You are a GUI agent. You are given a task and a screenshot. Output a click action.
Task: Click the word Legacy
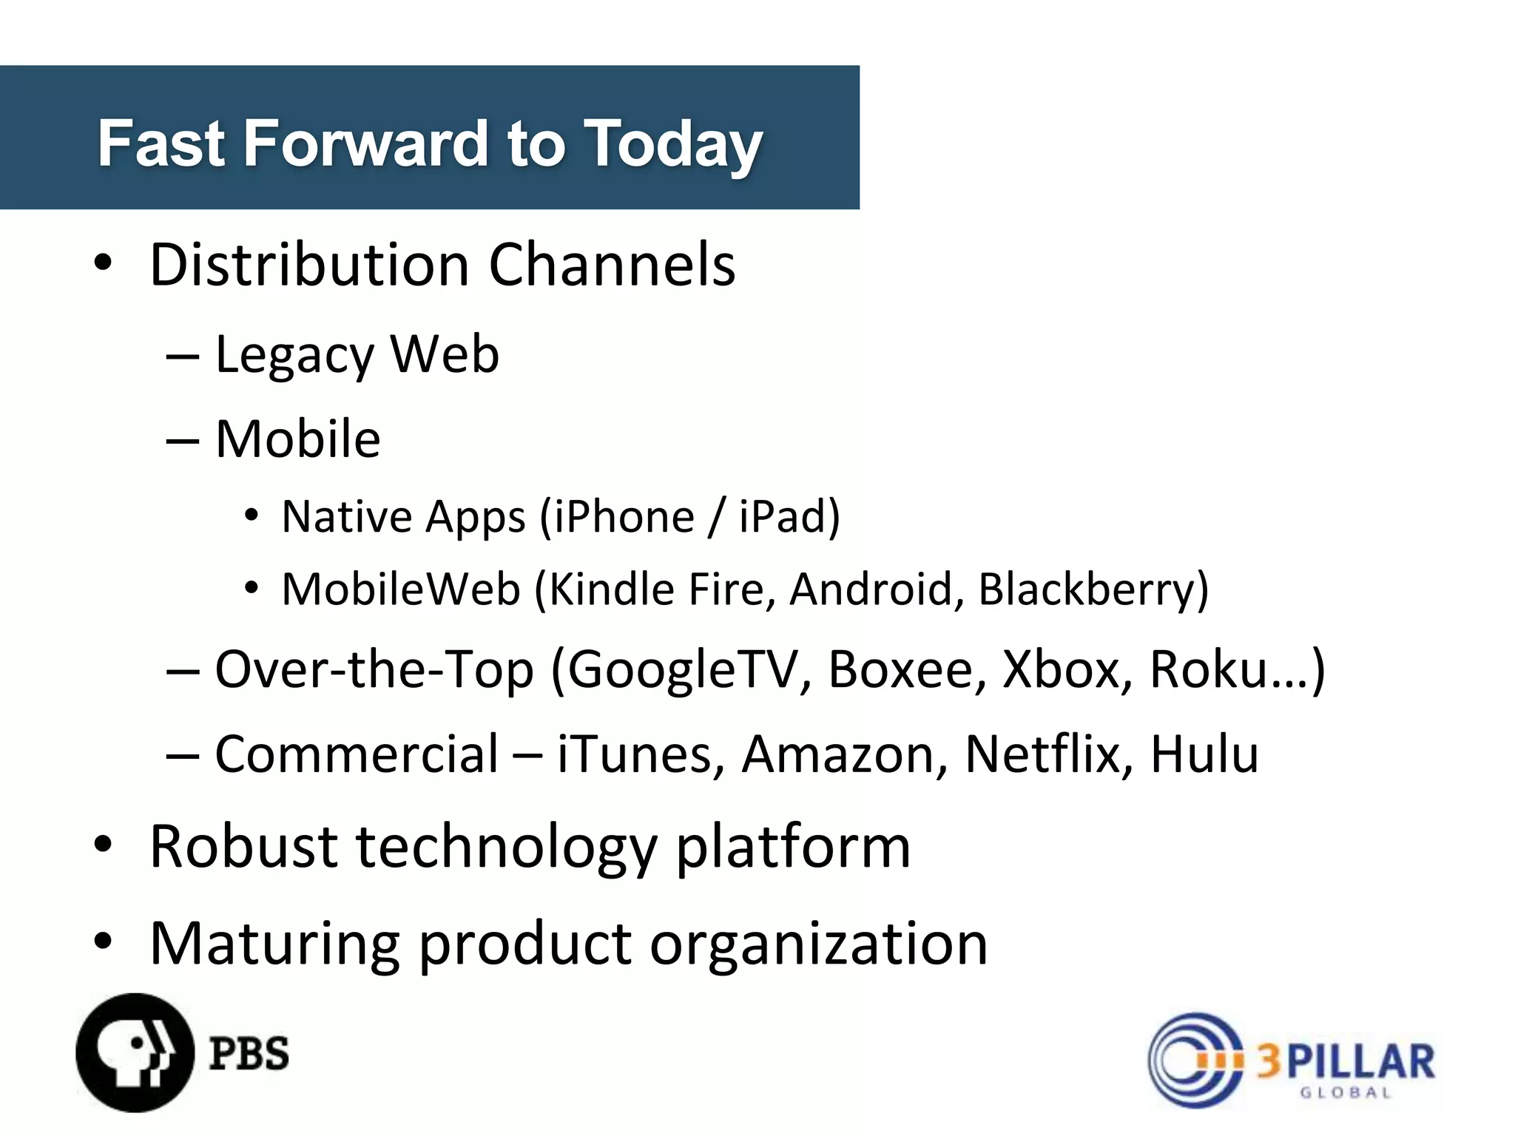click(294, 356)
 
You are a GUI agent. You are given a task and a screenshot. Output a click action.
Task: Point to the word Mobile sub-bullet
click(297, 439)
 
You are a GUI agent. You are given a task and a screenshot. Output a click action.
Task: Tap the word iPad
click(783, 516)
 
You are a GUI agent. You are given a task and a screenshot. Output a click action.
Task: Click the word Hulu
click(1204, 754)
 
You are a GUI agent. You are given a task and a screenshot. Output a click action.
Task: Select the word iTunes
click(635, 754)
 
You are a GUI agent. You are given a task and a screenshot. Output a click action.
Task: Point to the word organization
click(818, 944)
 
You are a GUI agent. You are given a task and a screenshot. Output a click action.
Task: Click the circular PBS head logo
click(135, 1052)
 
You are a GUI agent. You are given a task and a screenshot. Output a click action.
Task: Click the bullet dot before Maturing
click(103, 941)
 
